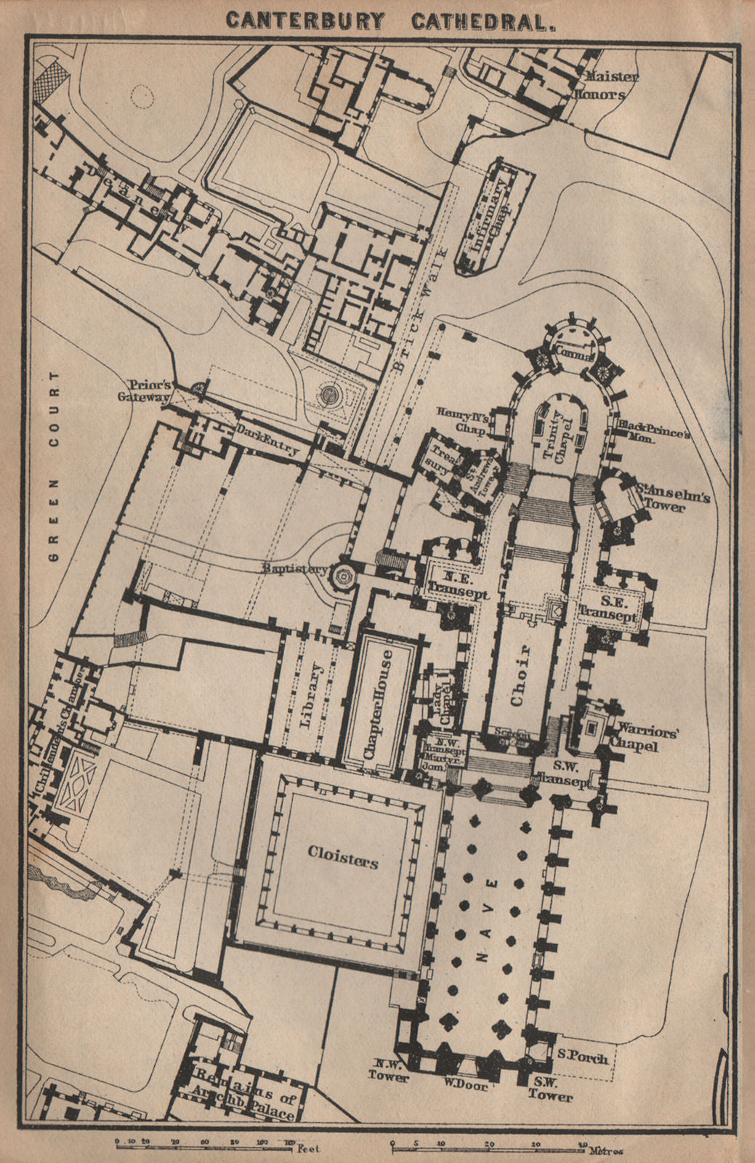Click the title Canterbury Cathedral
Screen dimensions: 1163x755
pos(391,20)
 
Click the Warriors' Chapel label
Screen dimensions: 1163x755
pos(647,737)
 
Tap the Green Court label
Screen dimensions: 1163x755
pos(52,465)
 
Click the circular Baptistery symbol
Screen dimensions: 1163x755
pos(342,578)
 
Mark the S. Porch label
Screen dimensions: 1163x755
pos(584,1058)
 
